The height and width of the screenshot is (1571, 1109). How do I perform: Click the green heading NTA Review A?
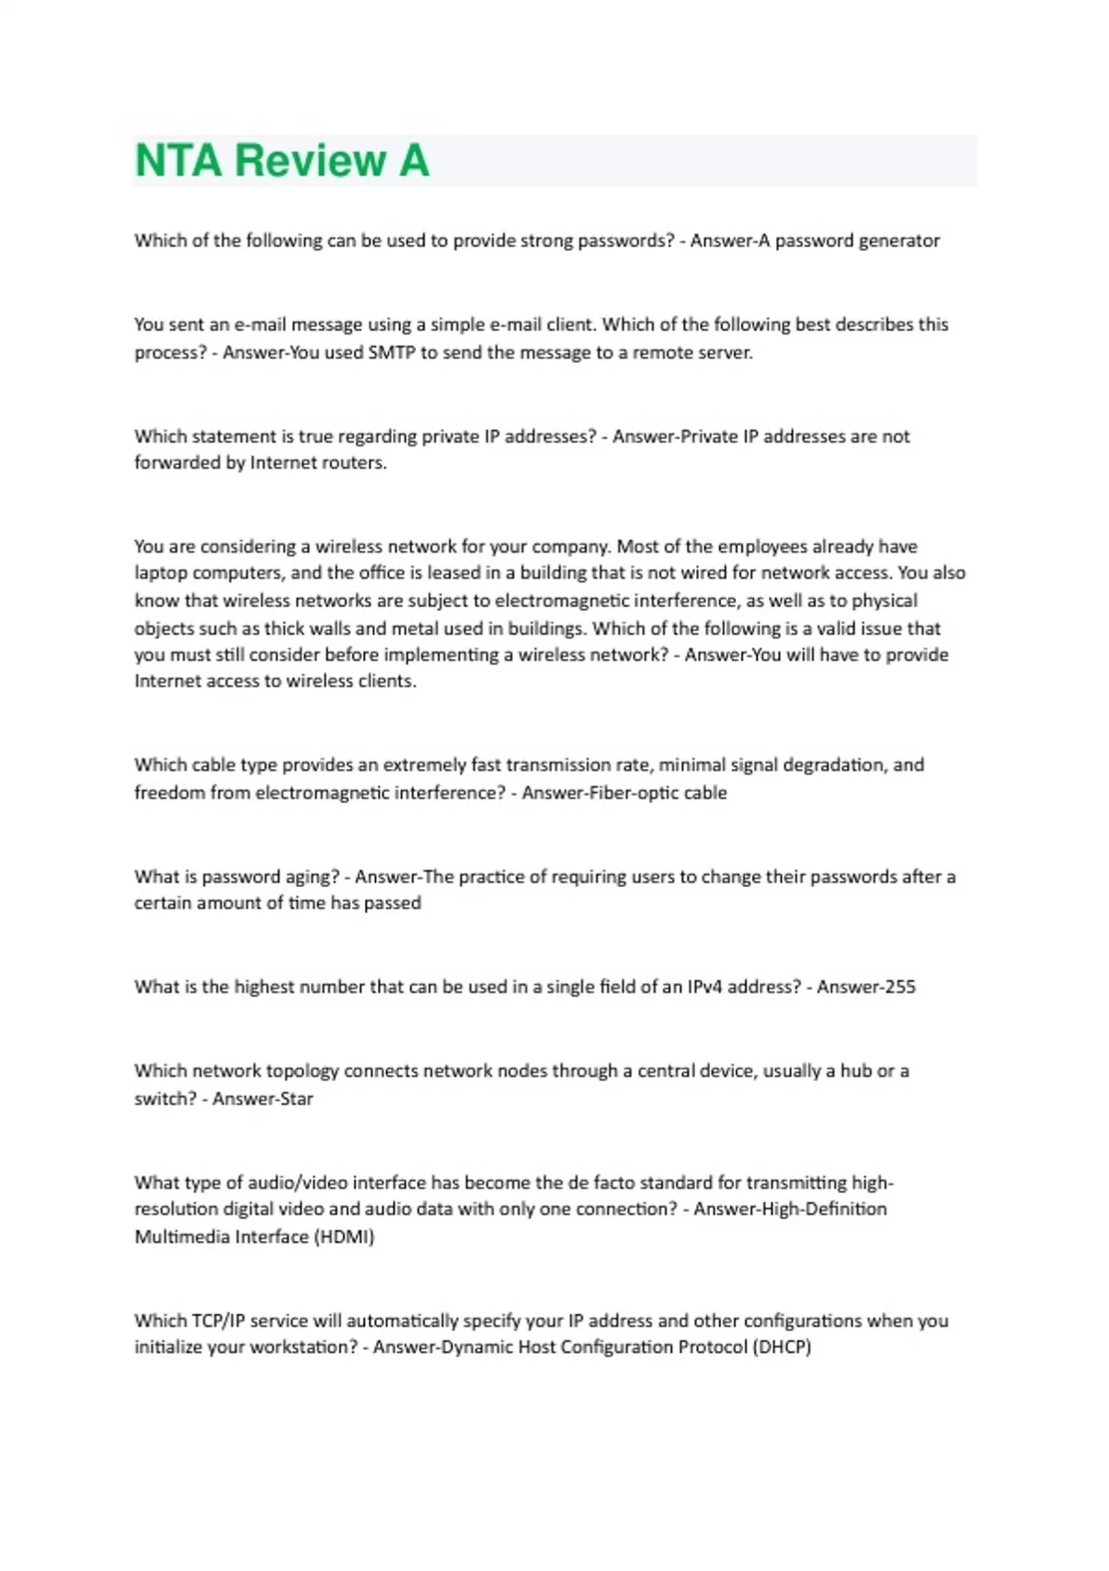[x=282, y=161]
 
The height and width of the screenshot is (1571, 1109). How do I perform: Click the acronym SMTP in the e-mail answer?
[x=392, y=352]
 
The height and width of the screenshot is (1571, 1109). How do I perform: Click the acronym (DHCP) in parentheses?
[x=782, y=1347]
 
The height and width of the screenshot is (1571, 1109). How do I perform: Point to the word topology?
[x=302, y=1071]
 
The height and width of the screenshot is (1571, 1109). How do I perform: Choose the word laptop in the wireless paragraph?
[x=161, y=573]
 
